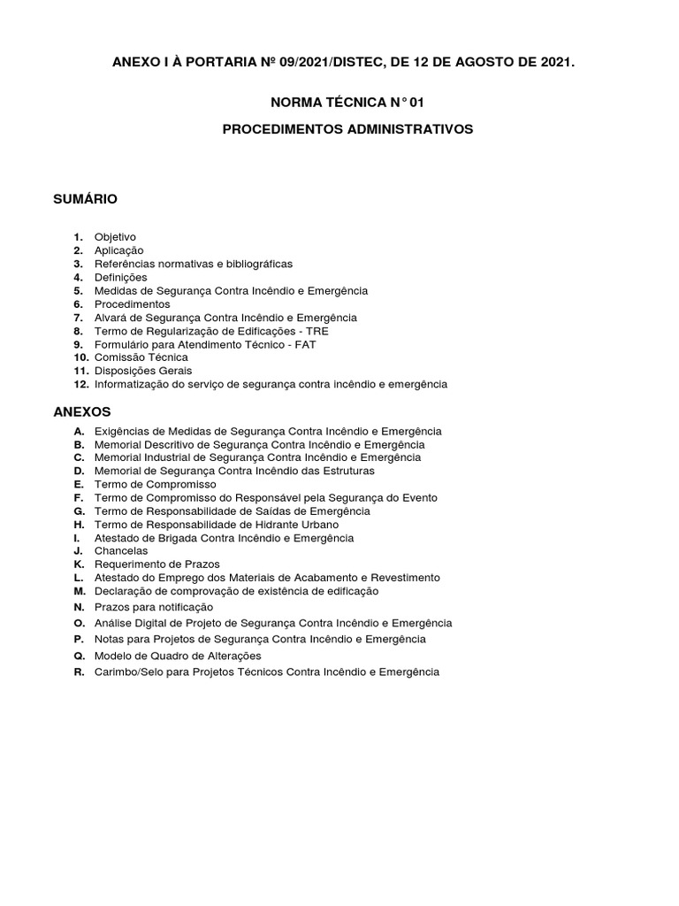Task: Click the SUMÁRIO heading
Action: [86, 199]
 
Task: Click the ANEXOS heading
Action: [82, 411]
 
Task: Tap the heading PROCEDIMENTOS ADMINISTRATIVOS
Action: [347, 129]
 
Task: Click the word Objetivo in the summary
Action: [115, 237]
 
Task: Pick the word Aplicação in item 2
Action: [118, 250]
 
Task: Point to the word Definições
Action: [120, 277]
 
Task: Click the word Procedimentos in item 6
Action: [132, 304]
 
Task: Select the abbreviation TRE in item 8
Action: [317, 331]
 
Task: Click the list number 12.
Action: [80, 384]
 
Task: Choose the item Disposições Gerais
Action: [143, 371]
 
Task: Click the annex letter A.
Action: [79, 431]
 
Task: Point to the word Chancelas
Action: [121, 550]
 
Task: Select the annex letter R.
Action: [79, 672]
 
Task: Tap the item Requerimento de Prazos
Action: [157, 564]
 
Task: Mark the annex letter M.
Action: [79, 590]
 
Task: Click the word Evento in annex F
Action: [419, 497]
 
